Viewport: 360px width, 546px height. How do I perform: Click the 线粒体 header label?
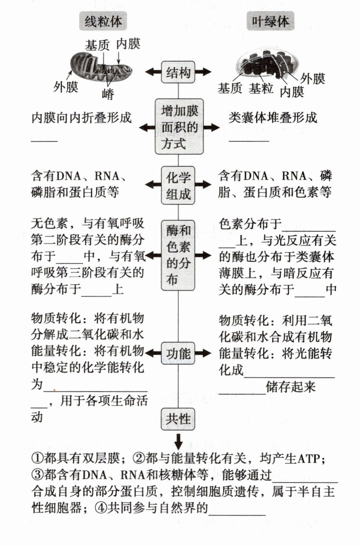[x=103, y=21]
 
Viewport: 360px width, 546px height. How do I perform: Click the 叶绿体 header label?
[x=270, y=21]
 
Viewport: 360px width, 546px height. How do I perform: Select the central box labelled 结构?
[x=178, y=73]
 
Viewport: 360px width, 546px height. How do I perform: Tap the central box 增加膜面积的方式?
[x=179, y=128]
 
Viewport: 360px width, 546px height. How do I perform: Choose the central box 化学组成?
[x=178, y=185]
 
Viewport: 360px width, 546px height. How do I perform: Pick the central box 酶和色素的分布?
[x=178, y=255]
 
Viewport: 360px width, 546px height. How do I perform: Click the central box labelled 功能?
[x=178, y=353]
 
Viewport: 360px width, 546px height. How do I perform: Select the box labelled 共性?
[x=178, y=418]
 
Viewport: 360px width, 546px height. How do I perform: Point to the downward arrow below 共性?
[x=178, y=441]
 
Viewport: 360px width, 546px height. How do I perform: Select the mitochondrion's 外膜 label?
[x=66, y=87]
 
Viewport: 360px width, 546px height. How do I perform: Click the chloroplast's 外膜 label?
[x=313, y=78]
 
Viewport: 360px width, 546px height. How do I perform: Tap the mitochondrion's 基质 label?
[x=97, y=45]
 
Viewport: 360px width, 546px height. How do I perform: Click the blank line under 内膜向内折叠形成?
[x=44, y=141]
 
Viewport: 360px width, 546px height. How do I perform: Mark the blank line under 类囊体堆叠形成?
[x=249, y=141]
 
